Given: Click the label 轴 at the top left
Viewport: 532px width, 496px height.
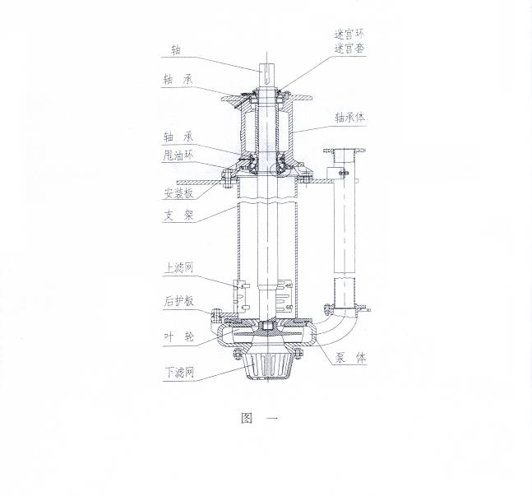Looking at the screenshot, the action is pos(176,50).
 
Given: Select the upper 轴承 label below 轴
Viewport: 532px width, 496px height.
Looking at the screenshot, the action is pos(178,80).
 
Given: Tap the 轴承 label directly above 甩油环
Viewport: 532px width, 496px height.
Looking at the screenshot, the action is pos(178,137).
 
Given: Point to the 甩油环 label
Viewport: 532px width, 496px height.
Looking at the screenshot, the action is pos(178,155).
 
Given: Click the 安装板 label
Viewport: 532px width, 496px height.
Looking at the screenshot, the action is pos(178,193).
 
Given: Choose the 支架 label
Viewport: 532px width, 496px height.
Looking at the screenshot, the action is pos(178,216).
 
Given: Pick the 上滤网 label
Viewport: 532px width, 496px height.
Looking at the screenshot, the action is pos(178,268).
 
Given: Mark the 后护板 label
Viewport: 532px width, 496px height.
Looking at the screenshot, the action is pos(178,301).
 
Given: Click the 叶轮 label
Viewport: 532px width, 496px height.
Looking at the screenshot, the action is pos(178,336).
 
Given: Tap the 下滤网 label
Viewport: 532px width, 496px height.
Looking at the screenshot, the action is pos(179,373).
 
